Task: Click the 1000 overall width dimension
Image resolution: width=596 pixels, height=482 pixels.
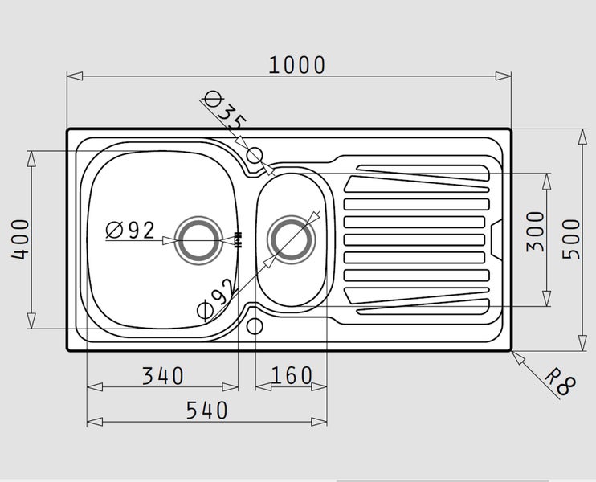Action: pyautogui.click(x=296, y=65)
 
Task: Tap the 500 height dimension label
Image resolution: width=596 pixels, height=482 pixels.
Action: pyautogui.click(x=571, y=239)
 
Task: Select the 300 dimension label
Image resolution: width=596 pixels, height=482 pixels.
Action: pyautogui.click(x=535, y=231)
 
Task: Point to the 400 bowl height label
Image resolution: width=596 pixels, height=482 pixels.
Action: pyautogui.click(x=20, y=239)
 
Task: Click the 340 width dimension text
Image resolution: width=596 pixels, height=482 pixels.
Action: pyautogui.click(x=163, y=376)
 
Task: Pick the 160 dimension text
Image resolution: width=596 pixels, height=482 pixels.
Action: pyautogui.click(x=291, y=376)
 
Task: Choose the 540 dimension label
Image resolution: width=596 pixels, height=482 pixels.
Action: pyautogui.click(x=206, y=411)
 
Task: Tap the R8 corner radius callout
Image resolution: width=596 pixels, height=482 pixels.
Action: pyautogui.click(x=561, y=382)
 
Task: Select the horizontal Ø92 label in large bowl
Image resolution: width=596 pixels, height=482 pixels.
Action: pyautogui.click(x=130, y=230)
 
